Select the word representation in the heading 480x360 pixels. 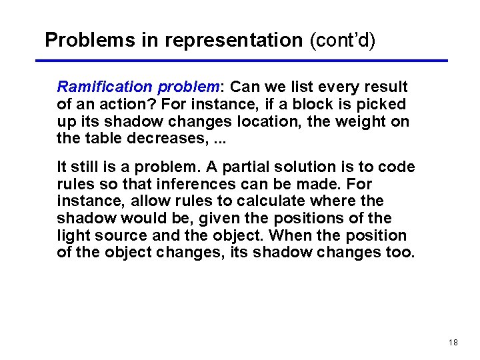[234, 41]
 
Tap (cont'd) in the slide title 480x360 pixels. [343, 40]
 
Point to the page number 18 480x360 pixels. [453, 342]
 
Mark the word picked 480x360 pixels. [383, 104]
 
